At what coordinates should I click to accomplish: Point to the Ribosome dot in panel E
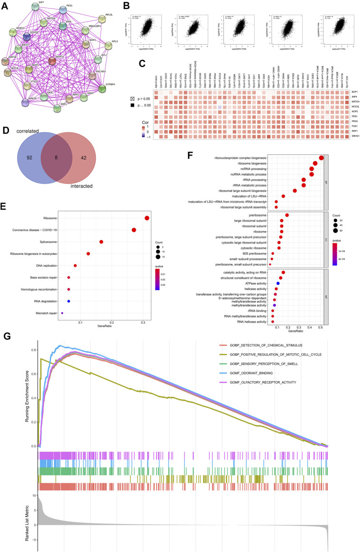click(x=147, y=218)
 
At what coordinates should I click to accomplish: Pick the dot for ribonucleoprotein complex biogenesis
click(x=321, y=158)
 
